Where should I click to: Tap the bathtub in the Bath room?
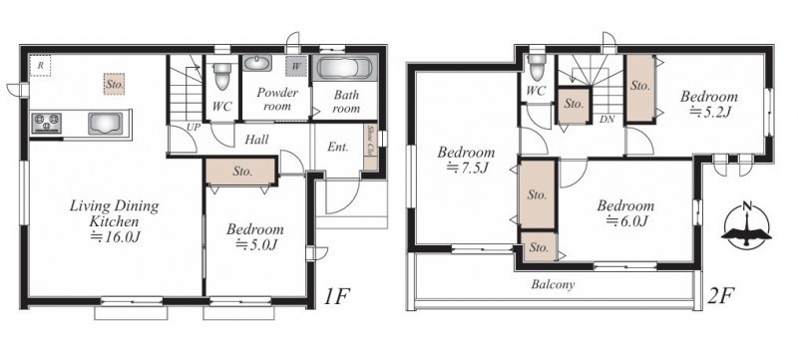(344, 68)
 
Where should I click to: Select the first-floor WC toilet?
(221, 74)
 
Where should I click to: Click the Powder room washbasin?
(257, 64)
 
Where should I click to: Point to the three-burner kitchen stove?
(46, 123)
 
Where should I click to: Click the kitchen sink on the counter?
(106, 124)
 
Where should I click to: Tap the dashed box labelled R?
(40, 66)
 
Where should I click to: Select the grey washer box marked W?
(295, 66)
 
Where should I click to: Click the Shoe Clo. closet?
(370, 148)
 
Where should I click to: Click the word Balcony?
(553, 284)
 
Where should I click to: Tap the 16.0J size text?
(115, 236)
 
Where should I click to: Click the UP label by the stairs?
(194, 128)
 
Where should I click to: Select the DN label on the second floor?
(607, 120)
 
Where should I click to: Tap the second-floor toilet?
(537, 66)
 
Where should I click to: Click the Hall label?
(256, 139)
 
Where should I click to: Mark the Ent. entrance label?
(338, 148)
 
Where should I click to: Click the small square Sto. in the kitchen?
(115, 85)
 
